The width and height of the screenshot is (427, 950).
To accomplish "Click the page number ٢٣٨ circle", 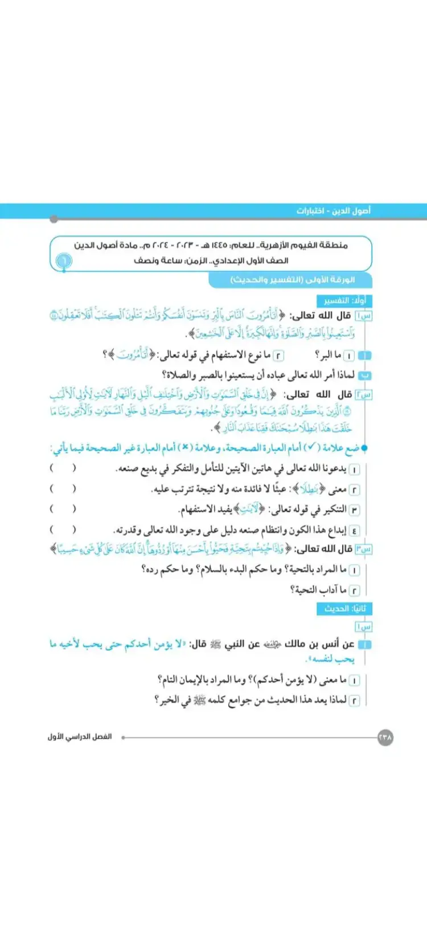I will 385,737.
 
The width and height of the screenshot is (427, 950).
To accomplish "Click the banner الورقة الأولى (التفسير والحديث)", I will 293,280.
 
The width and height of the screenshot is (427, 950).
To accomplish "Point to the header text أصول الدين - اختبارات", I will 333,211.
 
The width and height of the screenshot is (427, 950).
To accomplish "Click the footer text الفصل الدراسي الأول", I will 80,737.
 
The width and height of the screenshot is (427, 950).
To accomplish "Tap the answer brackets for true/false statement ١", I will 63,468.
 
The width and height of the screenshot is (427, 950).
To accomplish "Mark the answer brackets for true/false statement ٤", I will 63,529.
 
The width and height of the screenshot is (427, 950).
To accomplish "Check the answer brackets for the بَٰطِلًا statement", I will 63,489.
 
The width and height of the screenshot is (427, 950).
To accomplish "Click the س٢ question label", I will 363,394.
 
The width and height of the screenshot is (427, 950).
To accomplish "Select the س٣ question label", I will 363,549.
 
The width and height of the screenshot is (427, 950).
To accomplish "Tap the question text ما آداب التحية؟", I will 318,590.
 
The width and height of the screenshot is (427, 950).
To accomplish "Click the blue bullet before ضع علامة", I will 365,448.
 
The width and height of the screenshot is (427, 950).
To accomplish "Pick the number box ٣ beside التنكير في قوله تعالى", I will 354,509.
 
